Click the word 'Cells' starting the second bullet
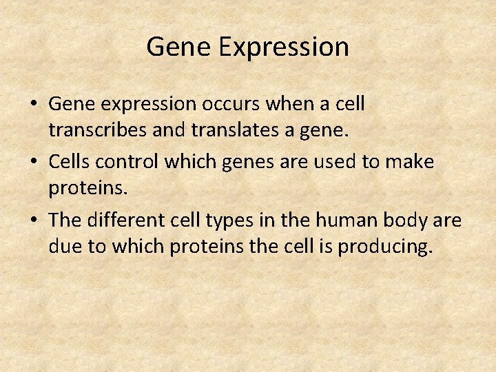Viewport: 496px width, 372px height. tap(71, 163)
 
